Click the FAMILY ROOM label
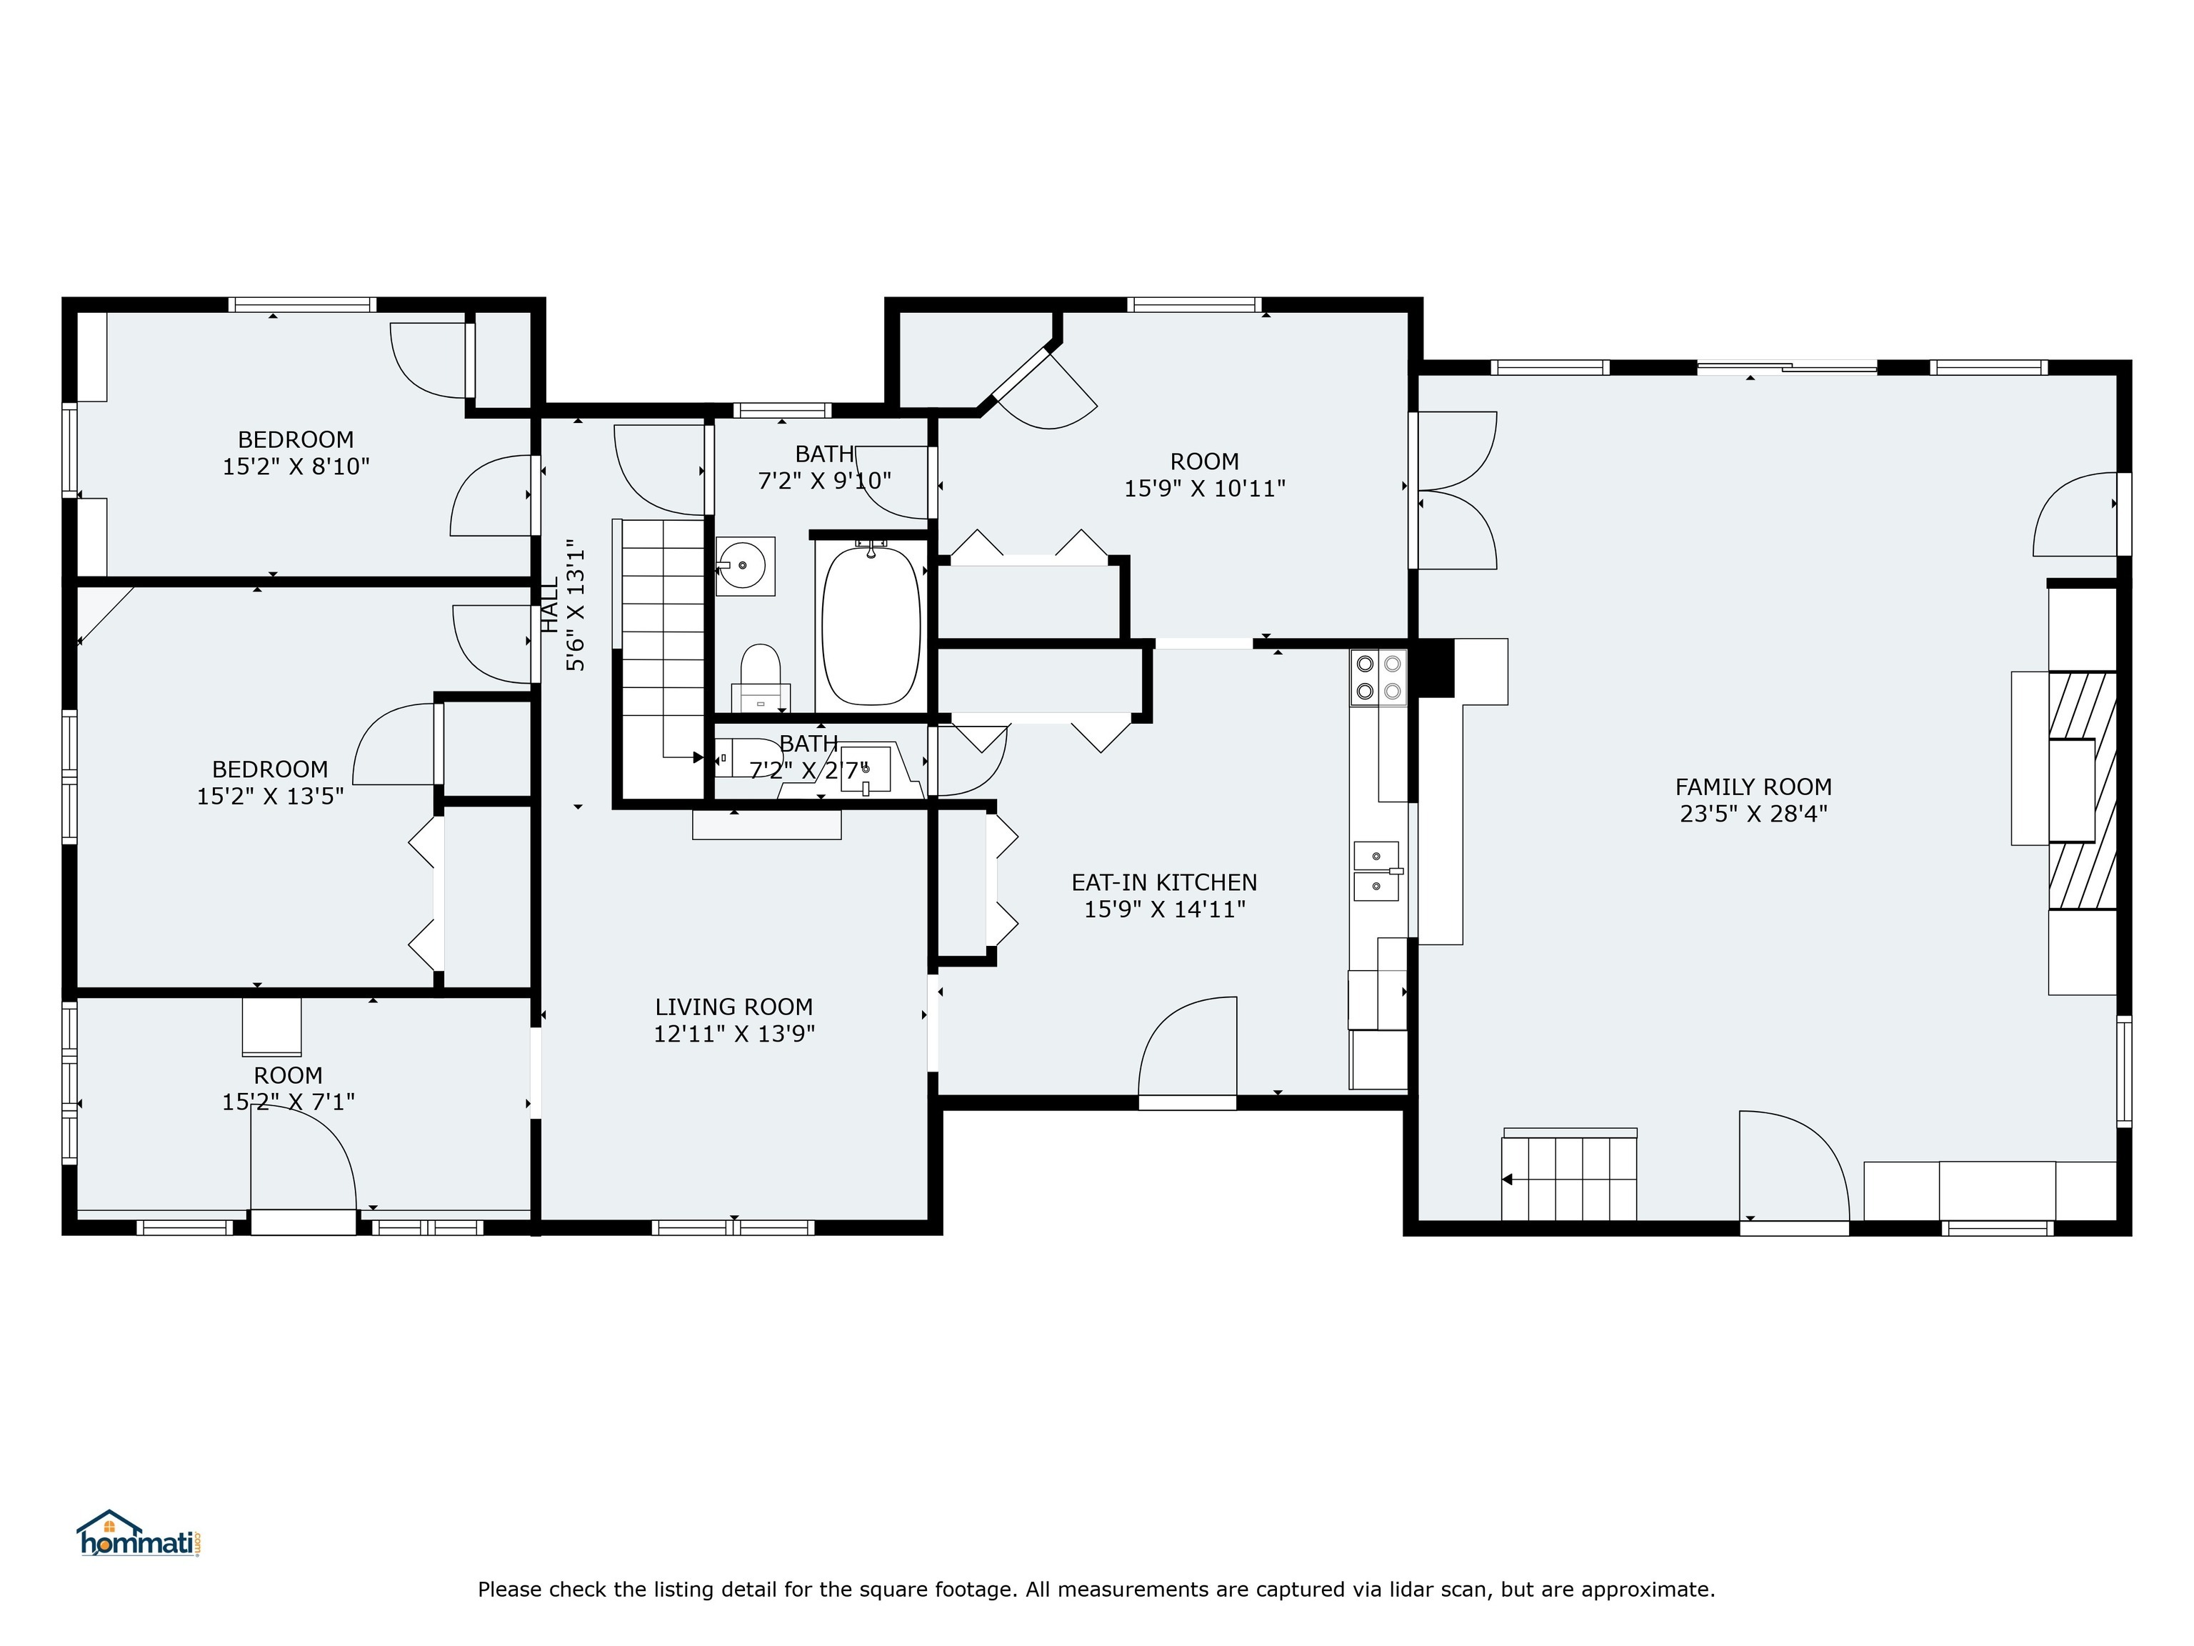(x=1753, y=787)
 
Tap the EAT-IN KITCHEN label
(x=1163, y=882)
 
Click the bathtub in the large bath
(x=871, y=625)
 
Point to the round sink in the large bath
(x=744, y=566)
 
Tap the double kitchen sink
(x=1377, y=871)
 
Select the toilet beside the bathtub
(x=761, y=674)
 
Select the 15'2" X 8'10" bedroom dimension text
(x=296, y=467)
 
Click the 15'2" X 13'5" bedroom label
(x=270, y=783)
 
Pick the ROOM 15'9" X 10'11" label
(x=1204, y=474)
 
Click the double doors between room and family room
(x=1454, y=490)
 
